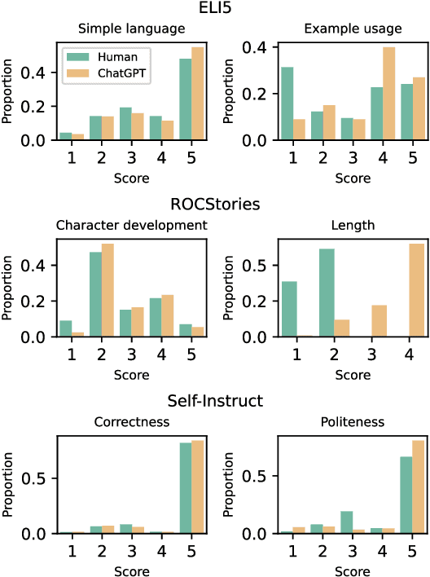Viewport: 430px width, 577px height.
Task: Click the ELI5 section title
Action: click(215, 9)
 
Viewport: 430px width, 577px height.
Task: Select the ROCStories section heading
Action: click(214, 204)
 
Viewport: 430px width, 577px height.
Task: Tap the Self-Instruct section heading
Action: click(214, 401)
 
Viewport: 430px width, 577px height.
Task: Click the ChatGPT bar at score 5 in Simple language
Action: click(197, 93)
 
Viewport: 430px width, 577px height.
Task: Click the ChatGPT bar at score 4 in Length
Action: click(416, 290)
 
